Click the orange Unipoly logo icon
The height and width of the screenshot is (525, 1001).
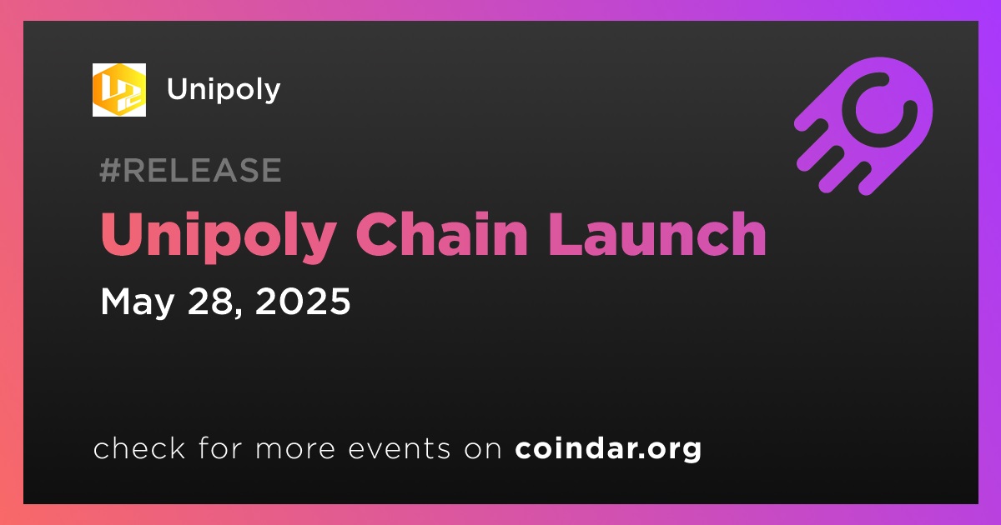118,90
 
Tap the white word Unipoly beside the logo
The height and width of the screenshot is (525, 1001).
224,91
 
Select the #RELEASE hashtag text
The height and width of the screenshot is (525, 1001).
190,170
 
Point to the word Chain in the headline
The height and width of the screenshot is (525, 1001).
442,234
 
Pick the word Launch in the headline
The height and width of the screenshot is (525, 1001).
658,234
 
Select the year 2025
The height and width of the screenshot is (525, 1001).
303,302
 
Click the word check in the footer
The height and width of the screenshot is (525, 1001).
139,448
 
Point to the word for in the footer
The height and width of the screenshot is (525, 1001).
220,448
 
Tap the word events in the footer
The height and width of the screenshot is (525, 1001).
399,449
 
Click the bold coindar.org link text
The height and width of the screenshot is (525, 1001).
608,449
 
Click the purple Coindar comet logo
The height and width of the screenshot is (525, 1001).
863,126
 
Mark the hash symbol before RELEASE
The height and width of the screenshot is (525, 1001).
110,170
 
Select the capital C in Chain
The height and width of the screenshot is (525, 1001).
376,234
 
